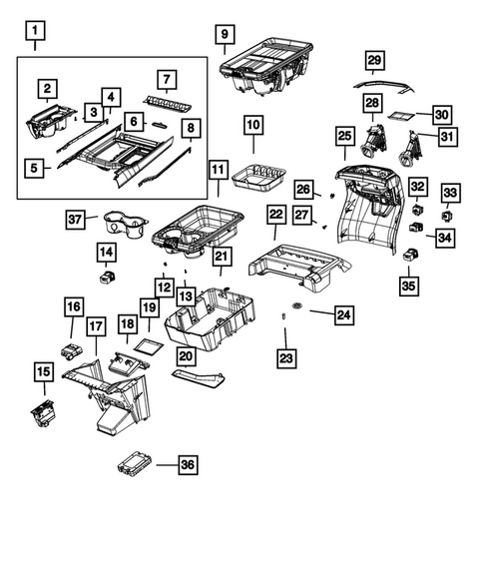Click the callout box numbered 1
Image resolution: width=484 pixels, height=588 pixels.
35,37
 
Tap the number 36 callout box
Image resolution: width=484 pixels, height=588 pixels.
186,464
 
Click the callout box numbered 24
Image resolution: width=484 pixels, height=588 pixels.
343,316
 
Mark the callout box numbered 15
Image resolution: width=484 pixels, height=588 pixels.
44,373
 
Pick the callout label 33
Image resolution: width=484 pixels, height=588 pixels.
451,192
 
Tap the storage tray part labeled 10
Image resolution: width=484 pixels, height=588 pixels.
259,178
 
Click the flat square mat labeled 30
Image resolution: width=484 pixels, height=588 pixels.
402,115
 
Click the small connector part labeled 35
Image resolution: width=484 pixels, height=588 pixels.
408,256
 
